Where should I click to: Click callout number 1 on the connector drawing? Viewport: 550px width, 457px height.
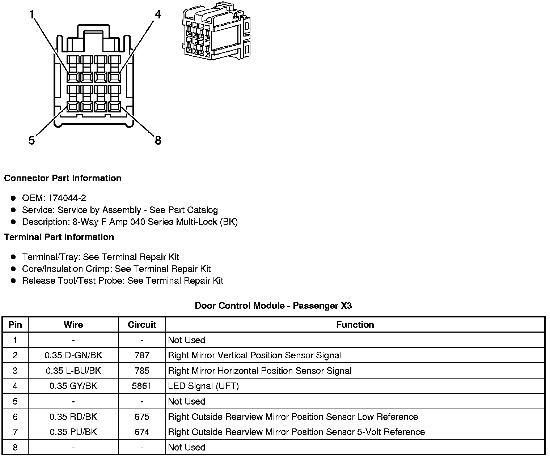click(x=32, y=15)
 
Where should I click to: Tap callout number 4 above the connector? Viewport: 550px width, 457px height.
click(x=157, y=14)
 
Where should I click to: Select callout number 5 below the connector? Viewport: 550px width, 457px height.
click(x=32, y=140)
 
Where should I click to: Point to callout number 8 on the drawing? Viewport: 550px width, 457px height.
click(x=158, y=140)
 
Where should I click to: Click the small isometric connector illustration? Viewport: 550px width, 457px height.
click(x=216, y=31)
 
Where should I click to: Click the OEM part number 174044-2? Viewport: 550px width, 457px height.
click(x=67, y=198)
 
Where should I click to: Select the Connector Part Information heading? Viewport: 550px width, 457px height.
click(x=63, y=178)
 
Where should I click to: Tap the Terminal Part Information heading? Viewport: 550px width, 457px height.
click(x=59, y=237)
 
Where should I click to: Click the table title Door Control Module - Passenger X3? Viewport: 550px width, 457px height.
click(x=273, y=306)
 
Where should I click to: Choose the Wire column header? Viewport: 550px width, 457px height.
click(x=73, y=325)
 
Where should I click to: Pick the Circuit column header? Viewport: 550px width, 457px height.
click(x=142, y=325)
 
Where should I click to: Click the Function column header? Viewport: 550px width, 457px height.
click(x=355, y=325)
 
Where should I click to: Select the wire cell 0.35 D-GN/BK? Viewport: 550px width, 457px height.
click(x=73, y=355)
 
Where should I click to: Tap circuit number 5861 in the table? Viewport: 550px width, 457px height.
click(x=142, y=386)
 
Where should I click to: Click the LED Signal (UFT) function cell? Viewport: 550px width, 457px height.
click(x=203, y=386)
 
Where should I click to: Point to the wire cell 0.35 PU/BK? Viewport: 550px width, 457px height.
click(x=73, y=432)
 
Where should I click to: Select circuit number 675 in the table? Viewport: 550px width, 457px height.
click(x=142, y=417)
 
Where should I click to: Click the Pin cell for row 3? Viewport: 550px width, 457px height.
click(x=15, y=371)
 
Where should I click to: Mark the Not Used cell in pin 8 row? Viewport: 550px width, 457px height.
click(x=187, y=448)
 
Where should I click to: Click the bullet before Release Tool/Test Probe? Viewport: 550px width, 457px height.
click(x=13, y=281)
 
